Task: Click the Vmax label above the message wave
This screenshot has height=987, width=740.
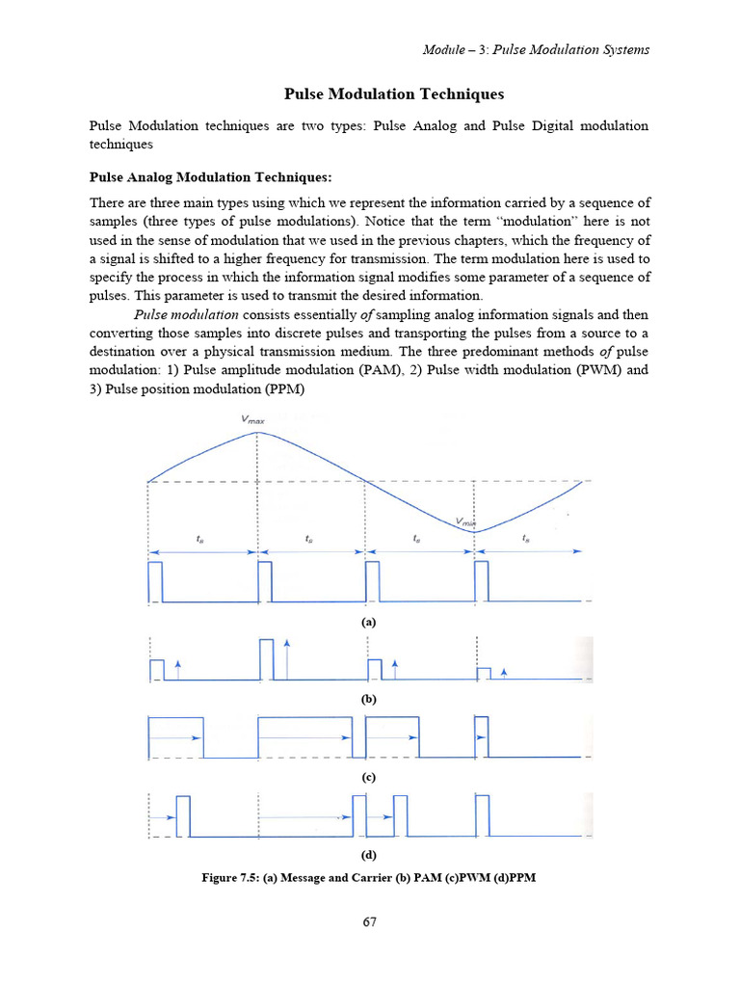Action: click(253, 419)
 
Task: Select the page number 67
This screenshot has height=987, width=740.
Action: click(369, 921)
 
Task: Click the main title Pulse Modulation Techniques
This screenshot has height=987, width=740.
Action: click(393, 94)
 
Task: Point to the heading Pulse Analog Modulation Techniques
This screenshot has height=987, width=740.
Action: click(210, 177)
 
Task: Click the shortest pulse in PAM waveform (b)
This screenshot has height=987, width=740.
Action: click(484, 673)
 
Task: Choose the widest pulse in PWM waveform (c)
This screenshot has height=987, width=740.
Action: click(304, 737)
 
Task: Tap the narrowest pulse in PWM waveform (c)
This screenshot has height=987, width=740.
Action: click(482, 737)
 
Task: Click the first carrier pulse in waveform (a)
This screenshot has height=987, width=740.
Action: click(155, 582)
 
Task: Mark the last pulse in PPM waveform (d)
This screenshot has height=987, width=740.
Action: click(484, 815)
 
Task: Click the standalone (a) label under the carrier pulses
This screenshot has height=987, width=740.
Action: click(368, 622)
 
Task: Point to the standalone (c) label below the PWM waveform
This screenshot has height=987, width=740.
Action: click(368, 777)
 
